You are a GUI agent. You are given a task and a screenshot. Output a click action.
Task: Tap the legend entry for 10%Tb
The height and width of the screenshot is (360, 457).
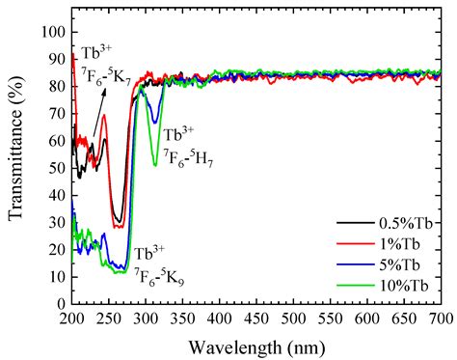403,284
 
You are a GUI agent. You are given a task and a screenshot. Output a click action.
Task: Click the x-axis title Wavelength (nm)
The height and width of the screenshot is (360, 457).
257,344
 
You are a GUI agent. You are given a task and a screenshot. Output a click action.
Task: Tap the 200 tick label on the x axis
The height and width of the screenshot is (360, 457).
72,317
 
